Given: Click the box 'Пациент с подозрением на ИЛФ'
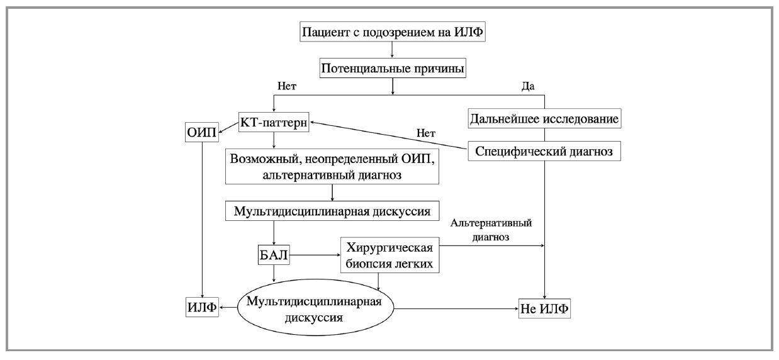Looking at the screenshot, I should pyautogui.click(x=393, y=32).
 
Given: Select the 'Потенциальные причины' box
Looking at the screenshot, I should pyautogui.click(x=393, y=68).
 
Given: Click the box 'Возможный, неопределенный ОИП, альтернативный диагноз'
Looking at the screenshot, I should pyautogui.click(x=332, y=167).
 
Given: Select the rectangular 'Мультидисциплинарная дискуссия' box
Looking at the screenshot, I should pyautogui.click(x=332, y=211).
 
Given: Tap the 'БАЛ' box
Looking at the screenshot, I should pyautogui.click(x=274, y=255).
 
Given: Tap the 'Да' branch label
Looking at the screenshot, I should pyautogui.click(x=528, y=86).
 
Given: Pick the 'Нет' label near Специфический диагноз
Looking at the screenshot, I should pyautogui.click(x=427, y=133).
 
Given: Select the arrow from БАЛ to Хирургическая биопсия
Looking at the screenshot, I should pyautogui.click(x=315, y=255).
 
